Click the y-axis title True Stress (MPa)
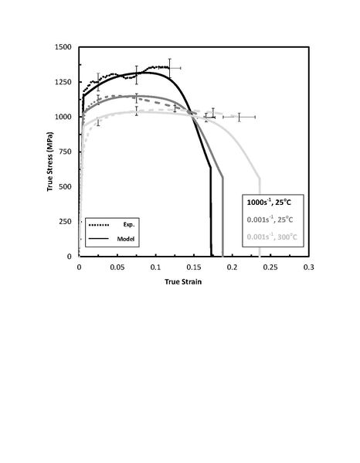(51, 151)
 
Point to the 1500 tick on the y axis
(66, 47)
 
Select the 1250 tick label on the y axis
(66, 82)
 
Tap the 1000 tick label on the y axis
(66, 117)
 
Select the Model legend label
(127, 239)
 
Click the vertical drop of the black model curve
(210, 216)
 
